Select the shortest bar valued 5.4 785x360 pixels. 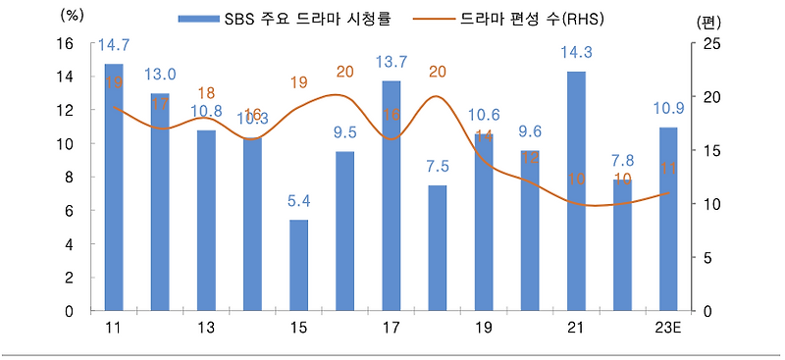click(299, 265)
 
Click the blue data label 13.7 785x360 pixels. click(391, 63)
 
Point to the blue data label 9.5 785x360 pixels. click(344, 132)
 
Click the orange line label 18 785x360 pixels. click(207, 92)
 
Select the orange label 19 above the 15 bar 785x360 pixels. click(299, 83)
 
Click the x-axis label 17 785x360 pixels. click(391, 327)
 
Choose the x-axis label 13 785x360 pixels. click(206, 327)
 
